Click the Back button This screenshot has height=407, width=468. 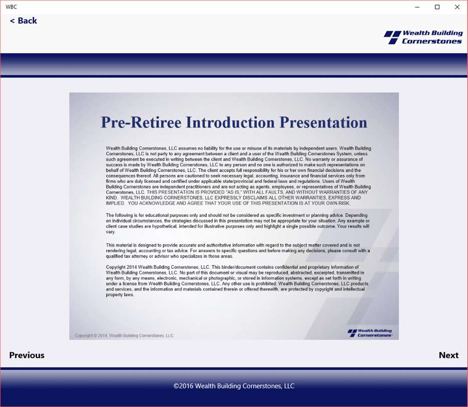(23, 21)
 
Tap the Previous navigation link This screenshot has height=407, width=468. (27, 355)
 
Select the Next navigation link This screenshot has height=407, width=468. (448, 355)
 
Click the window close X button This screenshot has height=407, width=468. (457, 7)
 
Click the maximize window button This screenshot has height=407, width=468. (437, 7)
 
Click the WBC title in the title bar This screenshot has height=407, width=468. (12, 7)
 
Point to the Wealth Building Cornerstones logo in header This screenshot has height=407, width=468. (423, 37)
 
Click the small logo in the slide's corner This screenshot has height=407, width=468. (370, 333)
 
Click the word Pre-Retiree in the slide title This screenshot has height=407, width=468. (141, 123)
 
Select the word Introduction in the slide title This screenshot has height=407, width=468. (230, 123)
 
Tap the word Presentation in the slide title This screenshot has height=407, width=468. (323, 123)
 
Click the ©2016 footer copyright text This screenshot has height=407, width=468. (234, 386)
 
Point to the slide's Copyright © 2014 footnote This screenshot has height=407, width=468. (124, 336)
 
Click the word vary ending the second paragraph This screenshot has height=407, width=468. (110, 232)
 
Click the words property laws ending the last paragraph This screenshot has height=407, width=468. (120, 295)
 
